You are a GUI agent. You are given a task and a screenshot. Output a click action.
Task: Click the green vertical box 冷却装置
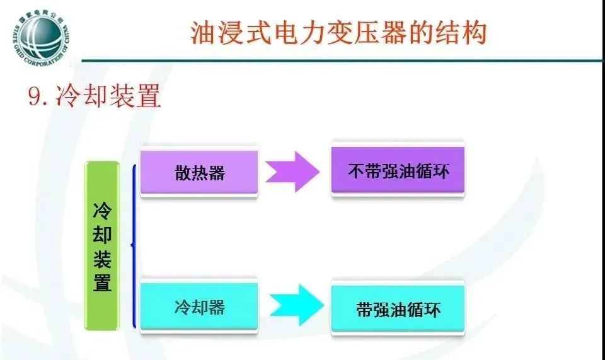tap(102, 246)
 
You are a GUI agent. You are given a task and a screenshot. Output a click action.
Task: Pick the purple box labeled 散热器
tap(200, 173)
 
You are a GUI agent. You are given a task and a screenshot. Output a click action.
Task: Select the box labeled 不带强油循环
tap(398, 171)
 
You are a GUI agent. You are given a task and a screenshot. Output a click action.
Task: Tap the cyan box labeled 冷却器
tap(200, 307)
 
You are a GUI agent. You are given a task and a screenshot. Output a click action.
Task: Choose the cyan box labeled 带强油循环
tap(398, 309)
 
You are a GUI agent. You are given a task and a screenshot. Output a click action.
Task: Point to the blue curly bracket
tap(133, 246)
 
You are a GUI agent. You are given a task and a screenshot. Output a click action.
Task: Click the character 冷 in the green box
tap(102, 211)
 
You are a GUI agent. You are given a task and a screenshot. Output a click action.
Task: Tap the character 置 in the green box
tap(102, 282)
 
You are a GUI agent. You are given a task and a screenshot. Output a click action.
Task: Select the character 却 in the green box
tap(102, 235)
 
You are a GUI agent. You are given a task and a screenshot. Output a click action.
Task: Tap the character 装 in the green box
tap(102, 258)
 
